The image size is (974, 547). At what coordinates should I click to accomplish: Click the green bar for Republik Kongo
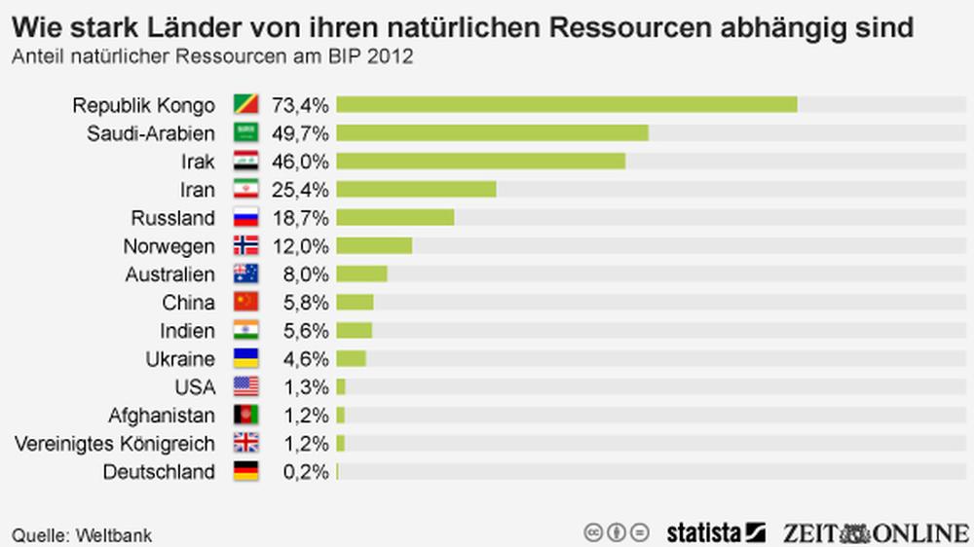(x=567, y=104)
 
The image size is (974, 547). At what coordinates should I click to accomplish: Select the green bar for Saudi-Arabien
(x=492, y=132)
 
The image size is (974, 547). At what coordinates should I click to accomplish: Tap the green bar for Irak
(x=480, y=161)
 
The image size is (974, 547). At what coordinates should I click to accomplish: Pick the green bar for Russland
(x=395, y=217)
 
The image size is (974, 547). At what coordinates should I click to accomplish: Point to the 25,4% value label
(x=301, y=189)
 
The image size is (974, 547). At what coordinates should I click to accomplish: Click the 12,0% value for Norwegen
(x=301, y=245)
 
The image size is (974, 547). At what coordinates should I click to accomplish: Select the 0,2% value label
(x=301, y=472)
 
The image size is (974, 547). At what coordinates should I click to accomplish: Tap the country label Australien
(x=169, y=274)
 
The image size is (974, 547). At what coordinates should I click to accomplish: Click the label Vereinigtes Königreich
(x=115, y=444)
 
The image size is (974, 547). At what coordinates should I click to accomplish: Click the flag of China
(x=245, y=303)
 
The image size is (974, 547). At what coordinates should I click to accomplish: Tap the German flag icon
(x=245, y=472)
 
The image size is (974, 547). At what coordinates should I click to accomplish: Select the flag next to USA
(x=245, y=387)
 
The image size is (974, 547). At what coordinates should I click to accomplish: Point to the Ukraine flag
(x=245, y=359)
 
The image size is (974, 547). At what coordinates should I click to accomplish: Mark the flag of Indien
(x=245, y=331)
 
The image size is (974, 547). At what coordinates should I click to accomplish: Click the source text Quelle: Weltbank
(x=82, y=534)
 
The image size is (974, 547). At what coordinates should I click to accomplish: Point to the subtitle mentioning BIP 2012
(x=211, y=56)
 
